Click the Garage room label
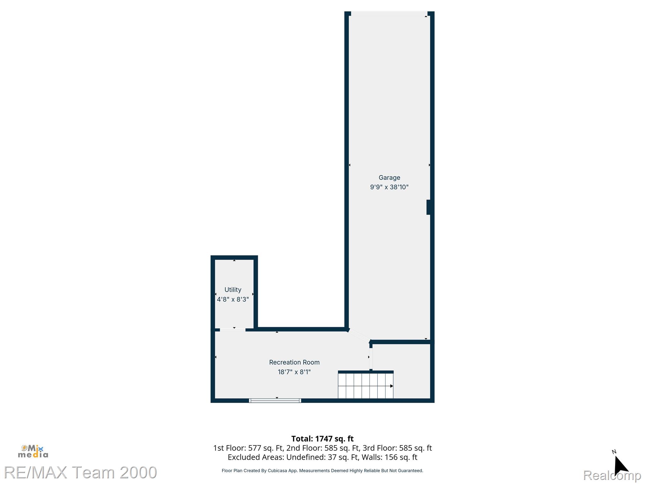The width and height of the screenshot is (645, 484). tap(389, 178)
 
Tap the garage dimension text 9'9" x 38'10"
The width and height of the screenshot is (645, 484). tap(389, 187)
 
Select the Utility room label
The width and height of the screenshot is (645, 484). tap(233, 290)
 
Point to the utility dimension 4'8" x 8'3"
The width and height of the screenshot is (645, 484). tap(233, 299)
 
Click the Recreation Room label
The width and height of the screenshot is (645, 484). tap(294, 362)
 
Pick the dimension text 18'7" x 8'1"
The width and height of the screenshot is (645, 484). tap(294, 372)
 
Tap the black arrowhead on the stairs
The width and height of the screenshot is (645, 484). tap(391, 386)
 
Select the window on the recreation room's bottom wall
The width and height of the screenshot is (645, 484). tap(275, 400)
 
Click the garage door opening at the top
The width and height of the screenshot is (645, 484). tap(389, 14)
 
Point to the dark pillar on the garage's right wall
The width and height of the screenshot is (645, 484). tap(428, 207)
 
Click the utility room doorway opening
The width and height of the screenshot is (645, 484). tap(232, 330)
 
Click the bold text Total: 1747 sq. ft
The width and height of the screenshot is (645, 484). tap(322, 439)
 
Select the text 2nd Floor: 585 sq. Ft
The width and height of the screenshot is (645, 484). tap(322, 448)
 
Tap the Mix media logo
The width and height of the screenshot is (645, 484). tap(33, 452)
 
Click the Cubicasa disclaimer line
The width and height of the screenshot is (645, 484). tap(322, 471)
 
